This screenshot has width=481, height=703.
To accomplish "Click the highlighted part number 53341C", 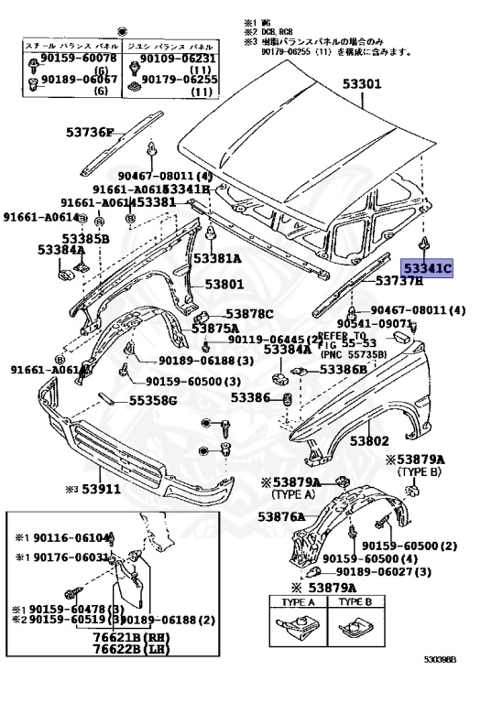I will [x=430, y=268].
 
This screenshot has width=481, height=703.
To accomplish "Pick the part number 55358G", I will [x=152, y=400].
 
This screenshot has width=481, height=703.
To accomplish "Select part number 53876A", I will [x=281, y=517].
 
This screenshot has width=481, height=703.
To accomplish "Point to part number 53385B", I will [x=61, y=239].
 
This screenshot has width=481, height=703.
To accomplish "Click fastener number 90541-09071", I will [x=377, y=324].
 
